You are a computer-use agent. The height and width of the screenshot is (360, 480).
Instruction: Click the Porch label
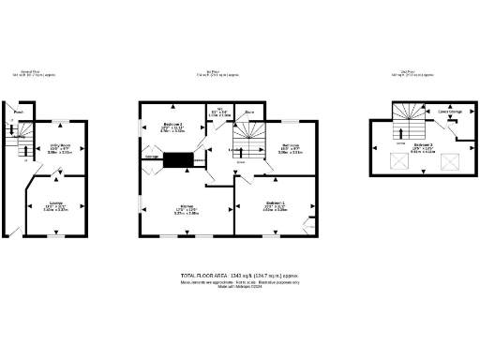coord(18,117)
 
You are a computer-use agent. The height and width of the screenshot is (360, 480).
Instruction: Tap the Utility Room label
coord(60,145)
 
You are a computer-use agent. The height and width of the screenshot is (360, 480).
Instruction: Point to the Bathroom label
coord(290,146)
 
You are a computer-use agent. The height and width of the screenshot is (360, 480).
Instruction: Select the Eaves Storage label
coord(449,112)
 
